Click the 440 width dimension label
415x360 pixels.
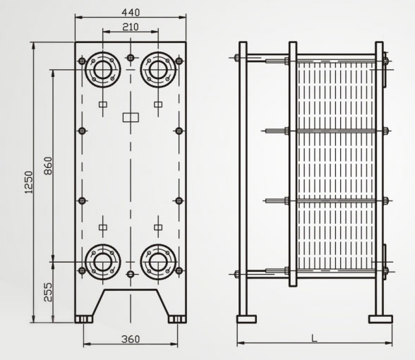[x=131, y=13]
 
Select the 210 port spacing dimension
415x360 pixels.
[x=131, y=27]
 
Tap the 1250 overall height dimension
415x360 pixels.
[x=29, y=182]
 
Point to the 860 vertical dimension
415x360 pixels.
[x=48, y=166]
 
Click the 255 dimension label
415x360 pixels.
[x=48, y=292]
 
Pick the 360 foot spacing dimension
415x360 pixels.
[x=131, y=339]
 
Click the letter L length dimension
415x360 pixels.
[x=314, y=338]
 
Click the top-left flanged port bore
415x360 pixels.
[x=103, y=70]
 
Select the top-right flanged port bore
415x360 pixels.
[x=158, y=70]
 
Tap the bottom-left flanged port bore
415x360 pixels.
[x=103, y=262]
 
